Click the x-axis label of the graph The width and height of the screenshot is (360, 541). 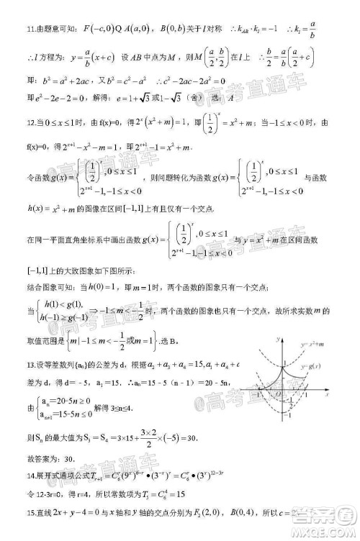pos(326,394)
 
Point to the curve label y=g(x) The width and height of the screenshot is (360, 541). pos(311,367)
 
